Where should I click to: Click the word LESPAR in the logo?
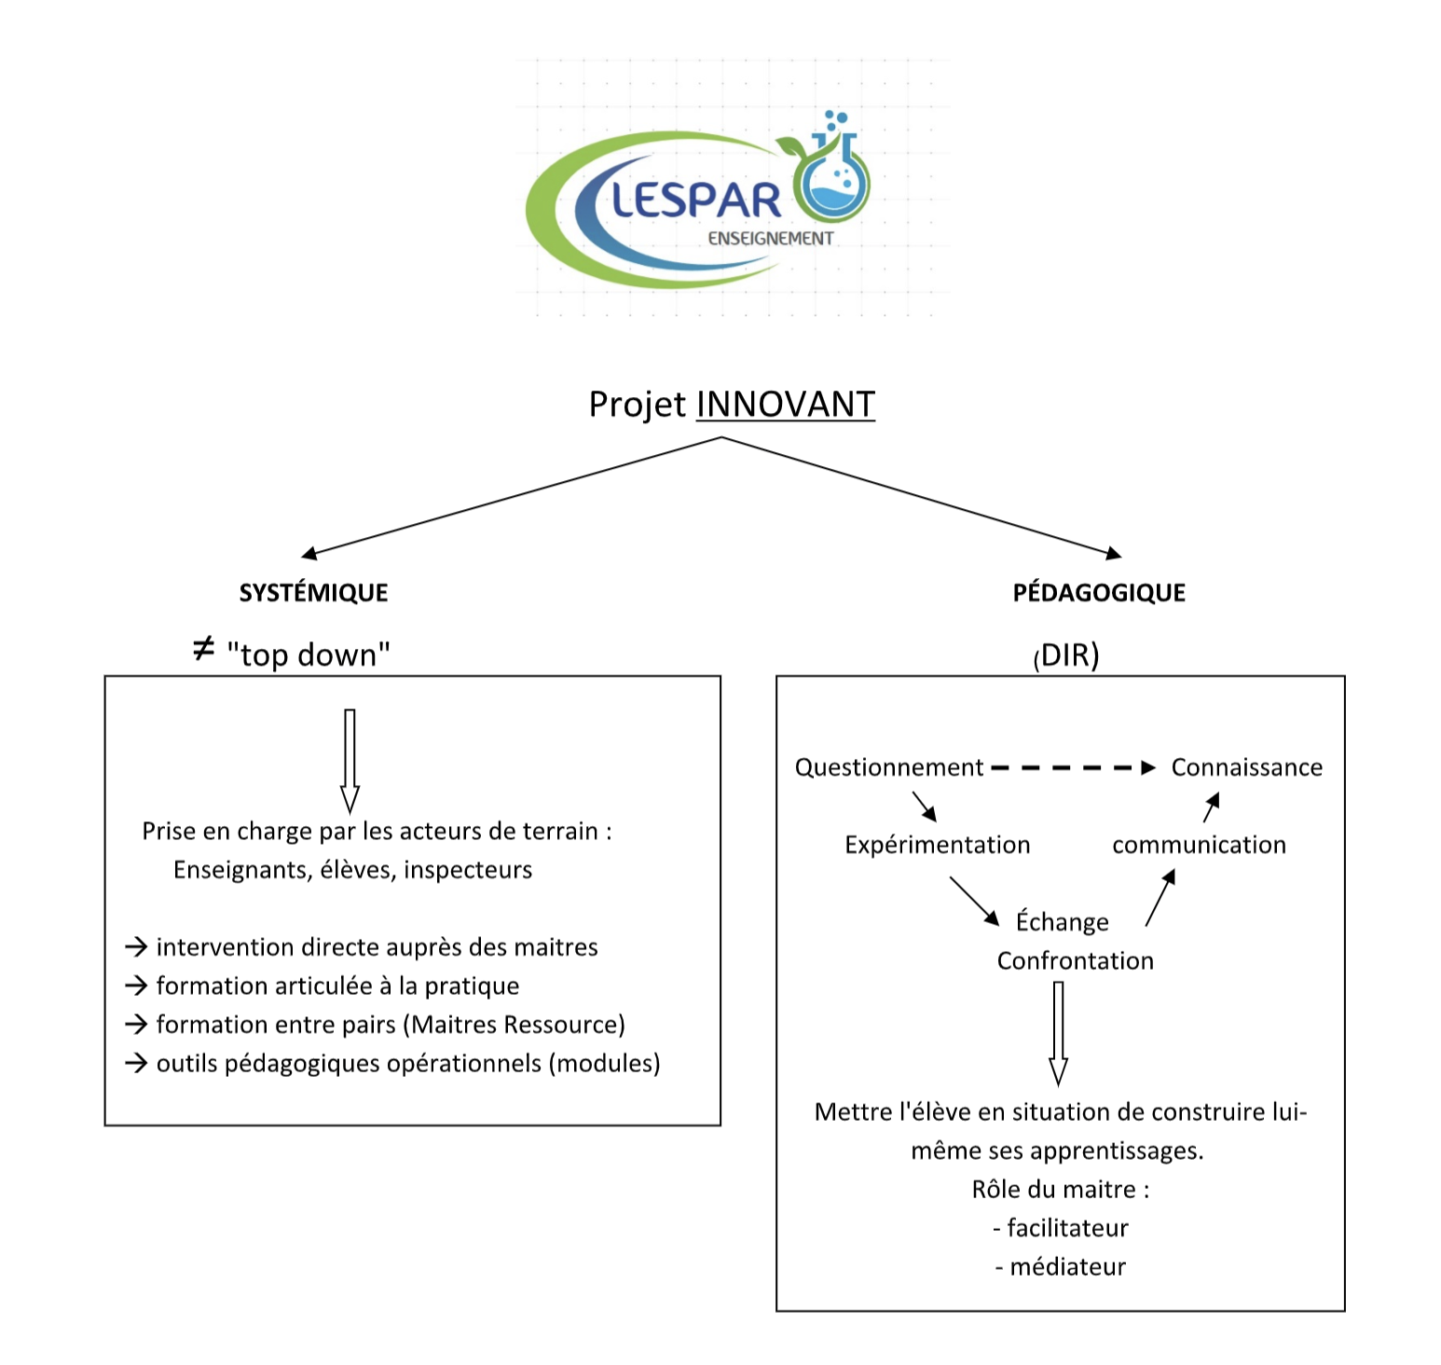pos(696,200)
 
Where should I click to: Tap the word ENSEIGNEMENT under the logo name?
pos(770,239)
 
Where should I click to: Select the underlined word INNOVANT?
pos(785,405)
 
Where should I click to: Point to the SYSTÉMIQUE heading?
pos(313,593)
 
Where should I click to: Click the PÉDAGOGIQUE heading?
pos(1099,593)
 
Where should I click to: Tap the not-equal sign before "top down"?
pos(203,649)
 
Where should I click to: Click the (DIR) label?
pos(1066,655)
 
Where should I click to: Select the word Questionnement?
pos(888,767)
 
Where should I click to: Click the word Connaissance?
pos(1246,767)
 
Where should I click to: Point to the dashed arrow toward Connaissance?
pos(1072,768)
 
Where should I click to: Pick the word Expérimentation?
pos(937,845)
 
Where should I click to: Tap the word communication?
pos(1199,845)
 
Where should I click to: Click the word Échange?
pos(1062,922)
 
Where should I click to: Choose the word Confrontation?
pos(1075,961)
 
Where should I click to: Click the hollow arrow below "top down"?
pos(350,761)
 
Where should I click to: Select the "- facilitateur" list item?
pos(1061,1228)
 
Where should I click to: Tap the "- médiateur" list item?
pos(1061,1267)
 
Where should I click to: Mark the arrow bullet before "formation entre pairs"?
pos(136,1025)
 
